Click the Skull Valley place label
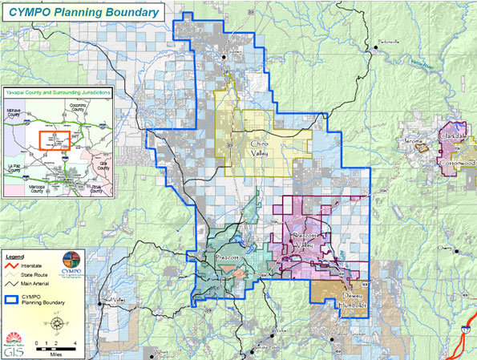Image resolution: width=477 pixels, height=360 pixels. point(112,301)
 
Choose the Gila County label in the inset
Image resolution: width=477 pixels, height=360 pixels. point(101,164)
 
